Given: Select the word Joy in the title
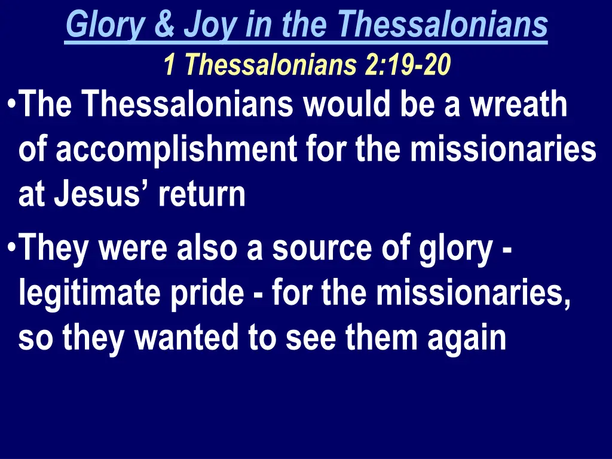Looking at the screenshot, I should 203,25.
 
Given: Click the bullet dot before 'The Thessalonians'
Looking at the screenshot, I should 13,103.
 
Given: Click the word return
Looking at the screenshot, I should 201,194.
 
